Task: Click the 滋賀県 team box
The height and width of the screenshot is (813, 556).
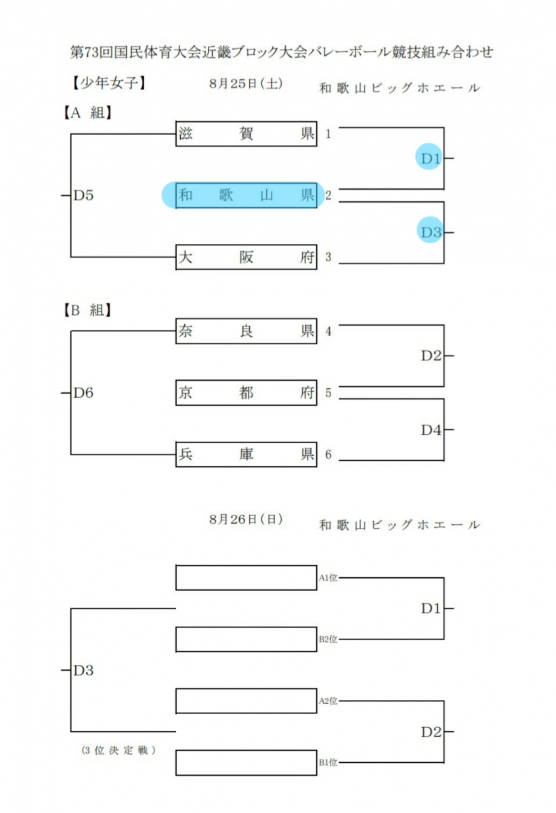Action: pyautogui.click(x=247, y=134)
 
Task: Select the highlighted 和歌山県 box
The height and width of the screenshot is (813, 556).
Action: pyautogui.click(x=247, y=195)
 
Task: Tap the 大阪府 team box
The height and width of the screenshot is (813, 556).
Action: pyautogui.click(x=247, y=257)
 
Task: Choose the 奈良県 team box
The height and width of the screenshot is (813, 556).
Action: pyautogui.click(x=247, y=331)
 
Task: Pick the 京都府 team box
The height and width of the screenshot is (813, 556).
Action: pyautogui.click(x=247, y=393)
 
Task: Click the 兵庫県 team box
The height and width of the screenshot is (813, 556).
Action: pyautogui.click(x=247, y=455)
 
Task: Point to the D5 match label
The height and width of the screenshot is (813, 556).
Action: pyautogui.click(x=83, y=196)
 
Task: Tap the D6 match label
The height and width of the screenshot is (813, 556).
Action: pyautogui.click(x=83, y=393)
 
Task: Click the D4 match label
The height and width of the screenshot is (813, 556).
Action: pyautogui.click(x=431, y=430)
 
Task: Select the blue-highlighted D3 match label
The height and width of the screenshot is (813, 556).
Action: pyautogui.click(x=431, y=232)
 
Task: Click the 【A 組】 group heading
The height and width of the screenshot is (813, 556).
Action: pyautogui.click(x=87, y=113)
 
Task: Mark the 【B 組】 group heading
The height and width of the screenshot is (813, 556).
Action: pyautogui.click(x=87, y=310)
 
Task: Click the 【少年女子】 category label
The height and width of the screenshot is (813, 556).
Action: pyautogui.click(x=108, y=83)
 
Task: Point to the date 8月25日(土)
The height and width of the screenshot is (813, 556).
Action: pyautogui.click(x=246, y=84)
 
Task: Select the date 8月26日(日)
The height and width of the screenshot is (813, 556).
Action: pyautogui.click(x=246, y=520)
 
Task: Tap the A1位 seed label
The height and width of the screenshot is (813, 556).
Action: pyautogui.click(x=328, y=578)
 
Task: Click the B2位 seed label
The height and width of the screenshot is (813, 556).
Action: pyautogui.click(x=328, y=640)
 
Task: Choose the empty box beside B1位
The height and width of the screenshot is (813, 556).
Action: pyautogui.click(x=247, y=763)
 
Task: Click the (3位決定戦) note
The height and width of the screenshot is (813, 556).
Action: pyautogui.click(x=119, y=751)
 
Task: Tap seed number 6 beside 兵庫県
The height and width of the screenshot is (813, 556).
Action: pyautogui.click(x=328, y=455)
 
